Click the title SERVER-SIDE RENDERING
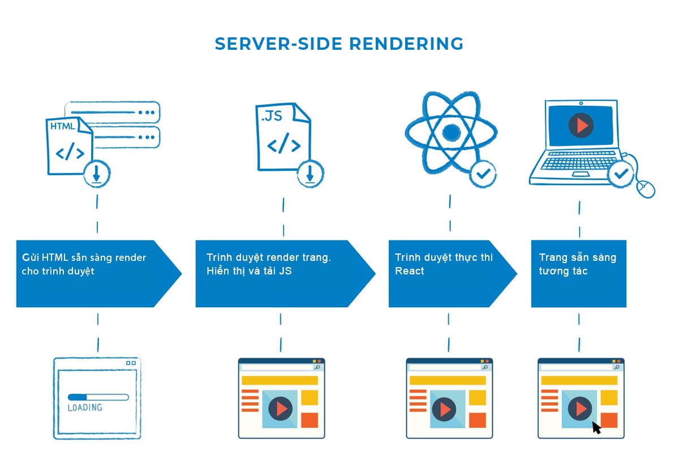[x=339, y=44]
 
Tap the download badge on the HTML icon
[x=97, y=174]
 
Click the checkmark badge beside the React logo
[x=483, y=174]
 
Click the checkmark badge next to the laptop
[x=621, y=175]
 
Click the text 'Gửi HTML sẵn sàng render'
[x=84, y=257]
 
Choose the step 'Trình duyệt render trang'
[x=268, y=257]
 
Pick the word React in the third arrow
[x=409, y=271]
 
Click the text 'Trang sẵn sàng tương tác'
[x=577, y=264]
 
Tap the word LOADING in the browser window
[x=85, y=407]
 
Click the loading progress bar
[x=98, y=397]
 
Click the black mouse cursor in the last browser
[x=596, y=427]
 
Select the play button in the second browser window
[x=281, y=408]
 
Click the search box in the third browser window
[x=445, y=367]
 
